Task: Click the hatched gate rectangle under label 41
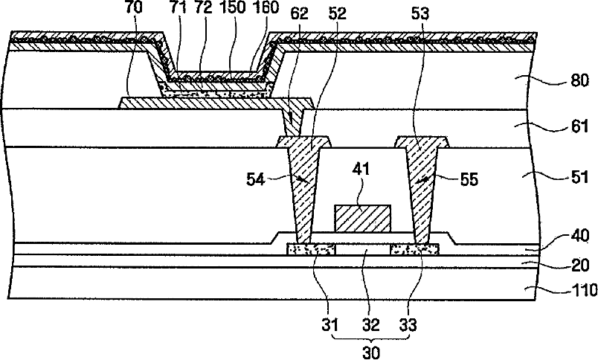362,218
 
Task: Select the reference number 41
362,190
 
